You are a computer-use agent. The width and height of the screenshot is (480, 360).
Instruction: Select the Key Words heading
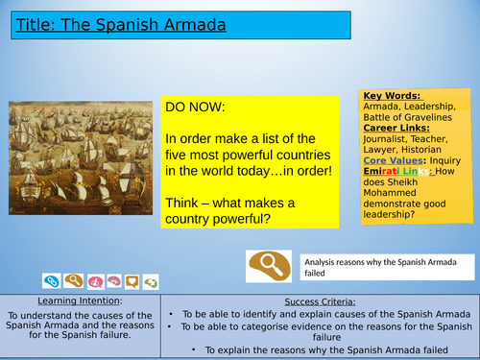point(391,97)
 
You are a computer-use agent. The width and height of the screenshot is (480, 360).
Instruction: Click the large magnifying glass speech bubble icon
point(268,265)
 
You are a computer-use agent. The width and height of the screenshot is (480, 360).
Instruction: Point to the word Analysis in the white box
point(324,261)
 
